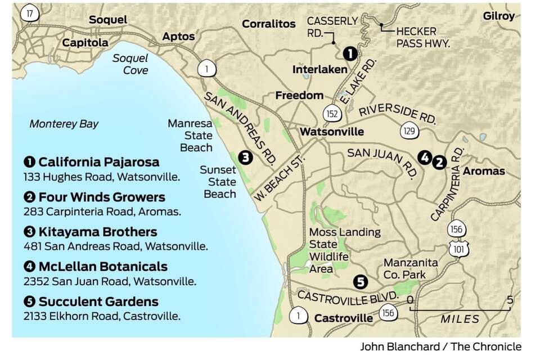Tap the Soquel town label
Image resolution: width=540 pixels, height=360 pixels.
pos(108,20)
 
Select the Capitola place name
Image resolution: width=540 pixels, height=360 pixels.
pos(85,43)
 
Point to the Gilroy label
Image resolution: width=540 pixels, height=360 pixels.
pos(498,16)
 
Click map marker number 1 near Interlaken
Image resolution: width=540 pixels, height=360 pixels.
pos(349,54)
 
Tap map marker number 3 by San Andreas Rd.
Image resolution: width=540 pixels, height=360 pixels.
pos(245,158)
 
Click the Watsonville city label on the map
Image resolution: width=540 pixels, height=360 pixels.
pos(331,132)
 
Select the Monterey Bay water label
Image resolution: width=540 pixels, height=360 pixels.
pos(64,124)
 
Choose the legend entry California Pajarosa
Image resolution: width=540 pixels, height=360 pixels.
pos(98,162)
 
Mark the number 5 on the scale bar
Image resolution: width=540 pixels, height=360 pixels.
pos(510,300)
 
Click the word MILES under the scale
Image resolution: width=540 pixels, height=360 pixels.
pos(460,319)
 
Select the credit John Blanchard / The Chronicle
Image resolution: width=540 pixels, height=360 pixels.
pos(440,347)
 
